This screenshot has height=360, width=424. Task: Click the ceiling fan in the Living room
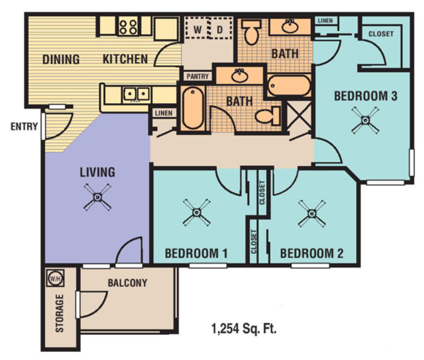click(x=97, y=197)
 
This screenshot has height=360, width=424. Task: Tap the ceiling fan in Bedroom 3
click(x=365, y=120)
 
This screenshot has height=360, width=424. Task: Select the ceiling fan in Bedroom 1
click(x=196, y=212)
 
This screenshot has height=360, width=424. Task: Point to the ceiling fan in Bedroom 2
click(x=312, y=212)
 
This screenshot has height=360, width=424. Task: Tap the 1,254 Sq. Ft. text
click(x=243, y=328)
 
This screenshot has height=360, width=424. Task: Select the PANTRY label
click(x=198, y=76)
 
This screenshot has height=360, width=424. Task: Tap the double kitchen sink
click(x=137, y=94)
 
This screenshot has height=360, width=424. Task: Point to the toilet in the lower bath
click(x=268, y=115)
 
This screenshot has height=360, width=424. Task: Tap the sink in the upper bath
click(x=290, y=26)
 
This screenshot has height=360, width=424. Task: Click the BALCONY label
click(x=127, y=283)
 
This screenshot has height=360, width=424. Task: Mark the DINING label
click(x=61, y=60)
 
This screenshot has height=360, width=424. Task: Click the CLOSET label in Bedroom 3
click(x=381, y=34)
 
